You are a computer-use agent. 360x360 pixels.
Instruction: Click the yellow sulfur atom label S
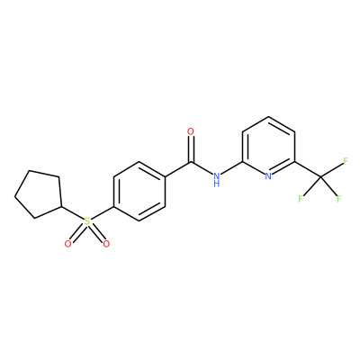coord(87,221)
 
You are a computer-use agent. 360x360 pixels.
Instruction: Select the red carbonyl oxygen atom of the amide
coord(191,131)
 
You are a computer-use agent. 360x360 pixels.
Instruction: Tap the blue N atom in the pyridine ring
coord(268,176)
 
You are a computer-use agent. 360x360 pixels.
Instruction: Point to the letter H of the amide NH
coord(217,184)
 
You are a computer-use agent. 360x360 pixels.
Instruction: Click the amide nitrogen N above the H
coord(217,176)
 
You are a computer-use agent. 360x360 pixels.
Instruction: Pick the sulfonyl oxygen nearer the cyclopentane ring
coord(68,244)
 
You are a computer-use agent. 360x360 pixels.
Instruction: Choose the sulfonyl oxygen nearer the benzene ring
coord(106,244)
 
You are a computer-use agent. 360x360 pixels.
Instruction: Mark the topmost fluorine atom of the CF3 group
coord(346,160)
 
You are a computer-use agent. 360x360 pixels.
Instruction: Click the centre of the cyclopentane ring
coord(39,194)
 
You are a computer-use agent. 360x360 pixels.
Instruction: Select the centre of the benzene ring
coord(139,192)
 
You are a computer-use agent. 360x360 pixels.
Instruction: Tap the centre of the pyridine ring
coord(268,147)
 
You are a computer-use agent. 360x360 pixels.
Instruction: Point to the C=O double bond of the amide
coord(191,149)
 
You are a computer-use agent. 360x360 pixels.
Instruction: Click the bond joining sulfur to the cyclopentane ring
coord(73,213)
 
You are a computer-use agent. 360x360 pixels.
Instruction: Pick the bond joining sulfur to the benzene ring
coord(102,213)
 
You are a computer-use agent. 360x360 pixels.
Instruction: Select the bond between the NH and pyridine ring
coord(231,168)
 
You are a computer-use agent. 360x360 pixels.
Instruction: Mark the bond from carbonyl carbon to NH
coord(202,168)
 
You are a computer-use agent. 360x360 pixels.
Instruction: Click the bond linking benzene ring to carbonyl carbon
coord(178,169)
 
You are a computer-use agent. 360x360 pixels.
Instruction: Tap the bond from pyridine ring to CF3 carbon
coord(308,169)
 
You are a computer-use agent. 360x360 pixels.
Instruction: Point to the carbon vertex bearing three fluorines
coord(320,176)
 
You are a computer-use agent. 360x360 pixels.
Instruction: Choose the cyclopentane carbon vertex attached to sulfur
coord(61,207)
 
